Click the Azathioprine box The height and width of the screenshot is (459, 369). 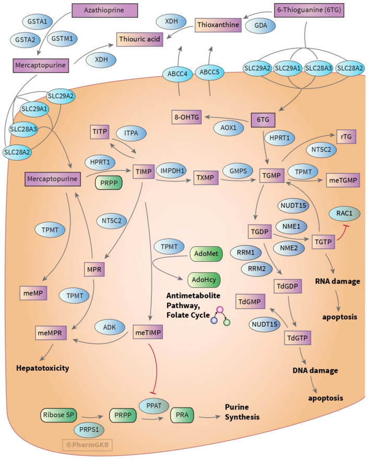point(104,10)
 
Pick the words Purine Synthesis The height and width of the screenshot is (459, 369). point(242,412)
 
